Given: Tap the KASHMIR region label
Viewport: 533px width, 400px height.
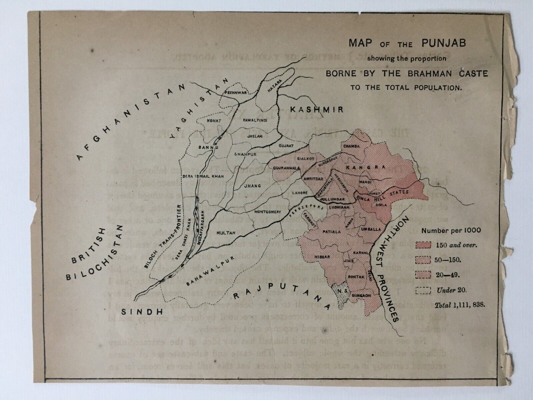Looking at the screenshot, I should (316, 109).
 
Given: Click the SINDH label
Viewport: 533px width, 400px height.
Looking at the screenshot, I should (141, 312).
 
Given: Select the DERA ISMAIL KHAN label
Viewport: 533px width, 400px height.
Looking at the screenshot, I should (197, 175).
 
